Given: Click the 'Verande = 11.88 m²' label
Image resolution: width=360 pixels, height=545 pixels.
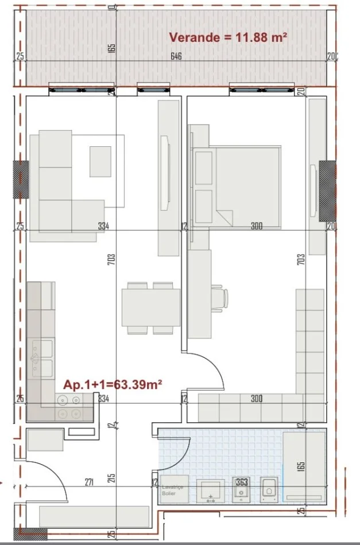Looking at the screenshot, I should (228, 38).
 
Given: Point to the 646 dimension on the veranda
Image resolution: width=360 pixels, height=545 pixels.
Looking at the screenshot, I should (176, 56).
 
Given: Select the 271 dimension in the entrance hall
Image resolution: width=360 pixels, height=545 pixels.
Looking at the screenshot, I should (90, 482).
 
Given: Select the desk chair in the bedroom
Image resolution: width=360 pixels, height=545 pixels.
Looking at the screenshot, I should (220, 298).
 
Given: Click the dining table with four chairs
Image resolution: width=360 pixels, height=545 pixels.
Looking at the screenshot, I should (151, 309).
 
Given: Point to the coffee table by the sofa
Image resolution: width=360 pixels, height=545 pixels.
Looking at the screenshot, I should (100, 161).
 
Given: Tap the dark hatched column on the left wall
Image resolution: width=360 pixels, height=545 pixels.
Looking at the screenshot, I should (21, 179).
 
